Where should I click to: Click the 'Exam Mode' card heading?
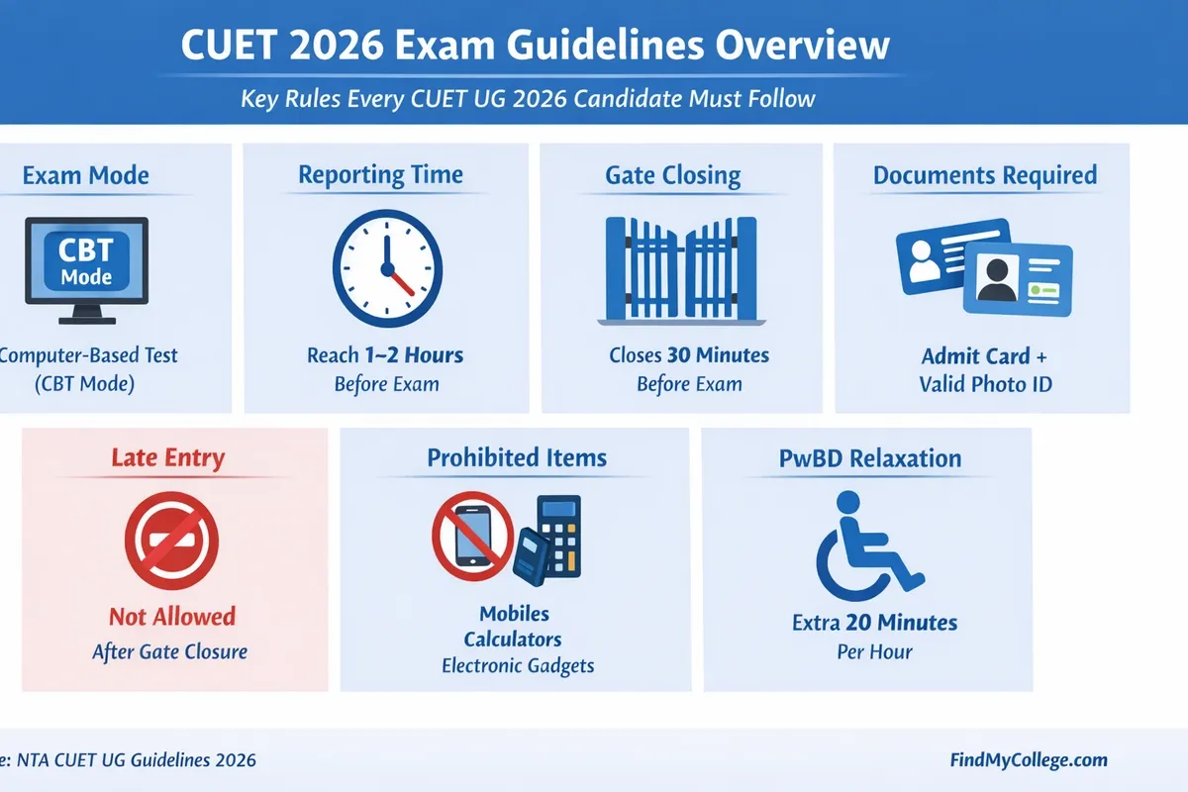click(85, 176)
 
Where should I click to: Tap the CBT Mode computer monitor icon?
click(86, 268)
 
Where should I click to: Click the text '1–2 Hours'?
click(413, 354)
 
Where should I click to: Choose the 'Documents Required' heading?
click(984, 176)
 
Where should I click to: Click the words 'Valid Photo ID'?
click(985, 384)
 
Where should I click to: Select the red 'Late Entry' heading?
click(168, 458)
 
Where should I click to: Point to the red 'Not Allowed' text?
click(172, 617)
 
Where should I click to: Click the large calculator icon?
click(557, 537)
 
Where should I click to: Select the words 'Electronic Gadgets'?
click(518, 665)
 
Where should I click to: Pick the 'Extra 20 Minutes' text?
click(875, 623)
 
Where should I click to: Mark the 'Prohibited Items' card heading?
click(517, 458)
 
